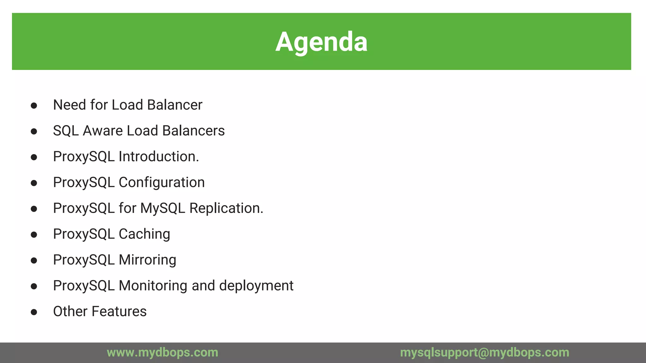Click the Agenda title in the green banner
pyautogui.click(x=321, y=42)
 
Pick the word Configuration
pyautogui.click(x=161, y=182)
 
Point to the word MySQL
pyautogui.click(x=162, y=208)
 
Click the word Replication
pyautogui.click(x=226, y=208)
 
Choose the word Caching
pyautogui.click(x=144, y=234)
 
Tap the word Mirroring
pyautogui.click(x=147, y=260)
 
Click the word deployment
pyautogui.click(x=256, y=286)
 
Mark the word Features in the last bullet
pyautogui.click(x=119, y=312)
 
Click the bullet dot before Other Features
pyautogui.click(x=34, y=312)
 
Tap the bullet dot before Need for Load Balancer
pyautogui.click(x=34, y=106)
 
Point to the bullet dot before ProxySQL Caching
pyautogui.click(x=34, y=235)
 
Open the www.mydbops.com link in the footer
pyautogui.click(x=162, y=352)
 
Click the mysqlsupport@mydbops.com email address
pyautogui.click(x=484, y=352)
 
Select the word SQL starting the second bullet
pyautogui.click(x=66, y=131)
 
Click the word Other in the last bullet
pyautogui.click(x=70, y=312)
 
